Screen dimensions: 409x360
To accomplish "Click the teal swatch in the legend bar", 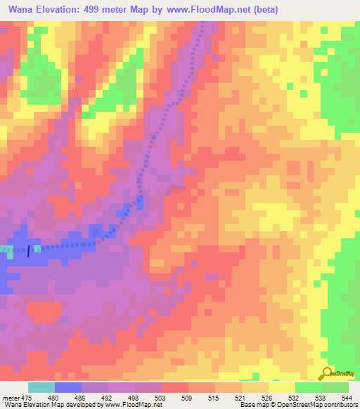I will pyautogui.click(x=41, y=387).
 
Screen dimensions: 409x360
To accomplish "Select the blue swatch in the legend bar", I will pyautogui.click(x=68, y=387).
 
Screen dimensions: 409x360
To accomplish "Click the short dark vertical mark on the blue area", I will pyautogui.click(x=29, y=251).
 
